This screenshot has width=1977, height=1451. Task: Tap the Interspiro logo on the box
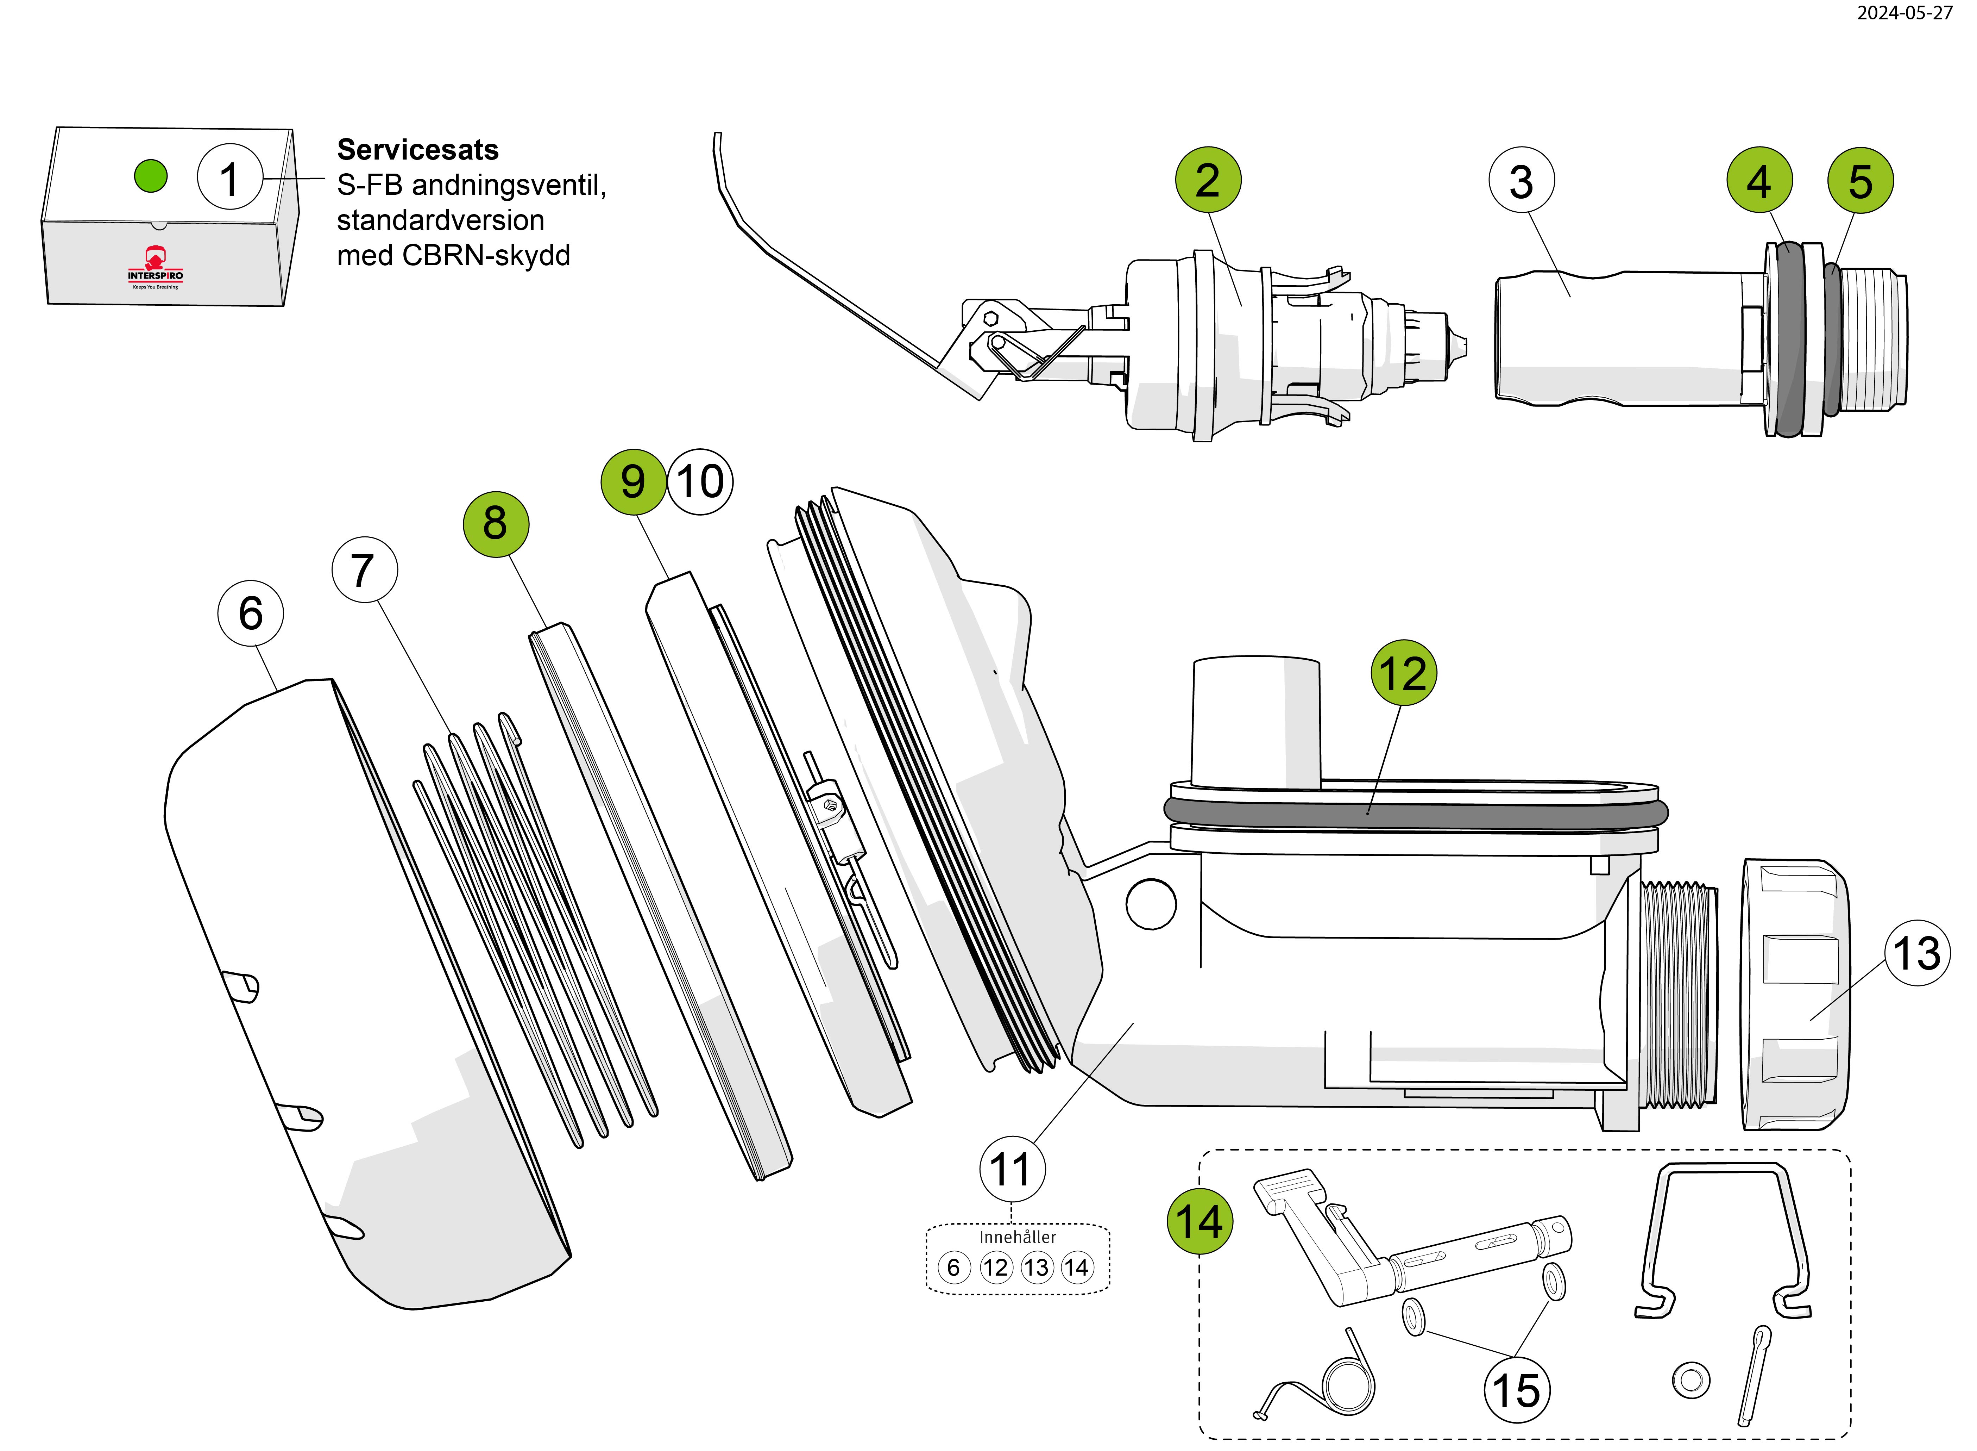[x=155, y=268]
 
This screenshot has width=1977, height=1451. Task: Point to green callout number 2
[x=1208, y=180]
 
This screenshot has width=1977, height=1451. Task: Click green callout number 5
[x=1860, y=181]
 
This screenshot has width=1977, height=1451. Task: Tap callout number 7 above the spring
[x=364, y=570]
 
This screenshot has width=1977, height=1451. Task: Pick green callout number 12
[x=1403, y=673]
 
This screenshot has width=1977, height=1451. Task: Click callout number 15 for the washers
[x=1516, y=1390]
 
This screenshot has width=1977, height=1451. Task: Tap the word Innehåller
[x=1018, y=1237]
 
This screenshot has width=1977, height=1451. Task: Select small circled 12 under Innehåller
[x=995, y=1268]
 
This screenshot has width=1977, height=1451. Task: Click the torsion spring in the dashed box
[x=1343, y=1383]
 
